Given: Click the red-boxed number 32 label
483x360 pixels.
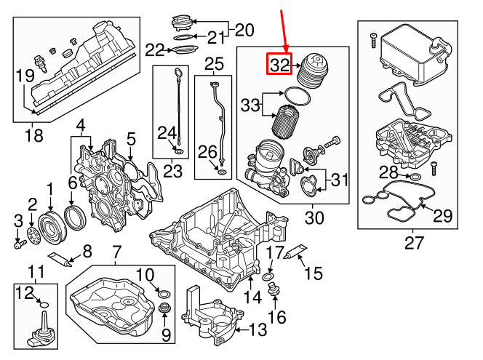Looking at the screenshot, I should [280, 64].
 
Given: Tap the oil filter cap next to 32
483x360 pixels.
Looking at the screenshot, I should [315, 67].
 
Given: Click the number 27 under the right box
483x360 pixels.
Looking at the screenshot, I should [413, 243].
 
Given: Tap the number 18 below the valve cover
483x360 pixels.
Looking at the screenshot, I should [33, 135].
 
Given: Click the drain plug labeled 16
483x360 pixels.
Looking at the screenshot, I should [275, 292].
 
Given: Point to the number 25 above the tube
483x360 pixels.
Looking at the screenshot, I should [214, 64].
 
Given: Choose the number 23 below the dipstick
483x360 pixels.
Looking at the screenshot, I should [173, 172].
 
